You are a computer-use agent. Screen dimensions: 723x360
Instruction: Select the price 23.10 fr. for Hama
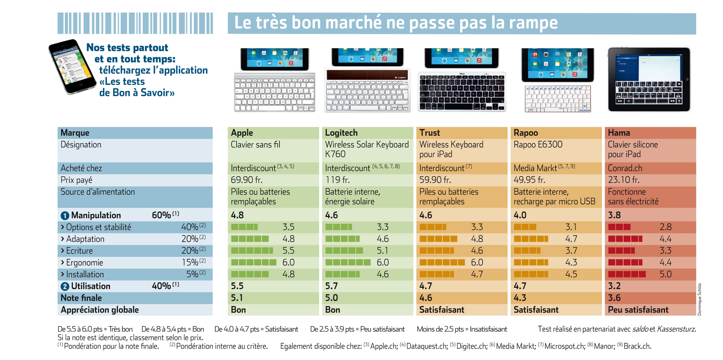coord(623,180)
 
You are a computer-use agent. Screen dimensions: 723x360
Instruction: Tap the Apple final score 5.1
coord(237,298)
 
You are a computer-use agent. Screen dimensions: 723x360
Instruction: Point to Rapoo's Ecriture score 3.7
coord(571,251)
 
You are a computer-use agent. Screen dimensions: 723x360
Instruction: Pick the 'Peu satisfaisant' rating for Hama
coord(638,310)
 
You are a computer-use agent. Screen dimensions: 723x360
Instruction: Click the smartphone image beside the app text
coord(72,67)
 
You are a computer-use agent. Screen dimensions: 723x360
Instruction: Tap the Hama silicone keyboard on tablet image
coord(649,80)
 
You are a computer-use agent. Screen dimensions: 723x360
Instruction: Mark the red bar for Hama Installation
coord(627,274)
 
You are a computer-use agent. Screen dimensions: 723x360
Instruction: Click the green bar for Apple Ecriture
coord(252,251)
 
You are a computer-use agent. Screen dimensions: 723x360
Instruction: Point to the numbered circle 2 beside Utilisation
coord(65,286)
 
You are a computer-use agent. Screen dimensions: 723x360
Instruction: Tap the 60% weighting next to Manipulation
coord(161,215)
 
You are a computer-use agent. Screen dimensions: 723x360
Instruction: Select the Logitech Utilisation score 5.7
coord(331,286)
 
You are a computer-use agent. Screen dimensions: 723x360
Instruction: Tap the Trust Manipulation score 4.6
coord(426,215)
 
